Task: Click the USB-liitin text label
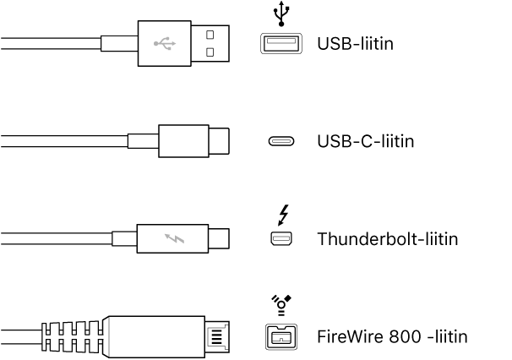pos(354,42)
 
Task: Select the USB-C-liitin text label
pos(365,141)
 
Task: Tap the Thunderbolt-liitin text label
pos(387,239)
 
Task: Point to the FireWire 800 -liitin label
pos(392,337)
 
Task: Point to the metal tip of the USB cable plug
pos(210,42)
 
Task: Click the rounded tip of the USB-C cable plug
pos(220,140)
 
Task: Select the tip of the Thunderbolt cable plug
pos(221,239)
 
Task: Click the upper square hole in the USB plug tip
pos(210,34)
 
